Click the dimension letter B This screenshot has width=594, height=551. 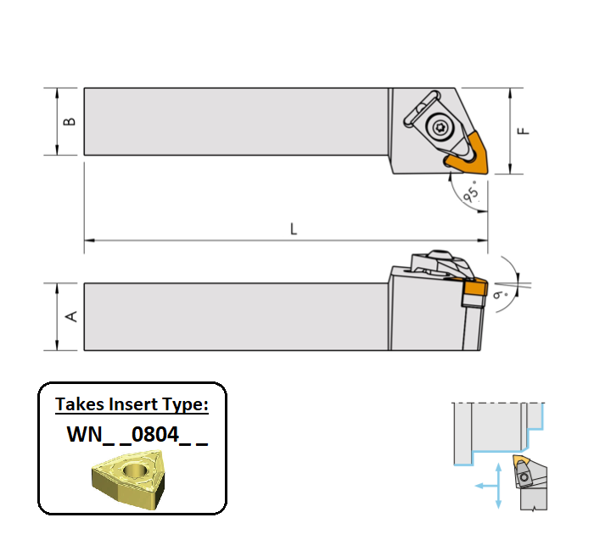tap(70, 121)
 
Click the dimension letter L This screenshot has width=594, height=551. tap(294, 229)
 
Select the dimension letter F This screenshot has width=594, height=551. tap(524, 131)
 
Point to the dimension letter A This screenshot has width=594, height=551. tap(71, 316)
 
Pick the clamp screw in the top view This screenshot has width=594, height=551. tap(440, 127)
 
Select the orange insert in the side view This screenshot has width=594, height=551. tap(473, 292)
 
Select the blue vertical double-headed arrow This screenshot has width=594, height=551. tap(498, 486)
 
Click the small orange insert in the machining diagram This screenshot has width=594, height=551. tap(522, 463)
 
